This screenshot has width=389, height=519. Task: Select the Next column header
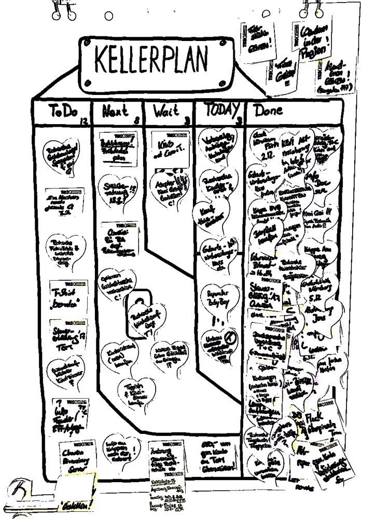click(115, 111)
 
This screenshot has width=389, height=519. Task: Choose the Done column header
click(268, 111)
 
